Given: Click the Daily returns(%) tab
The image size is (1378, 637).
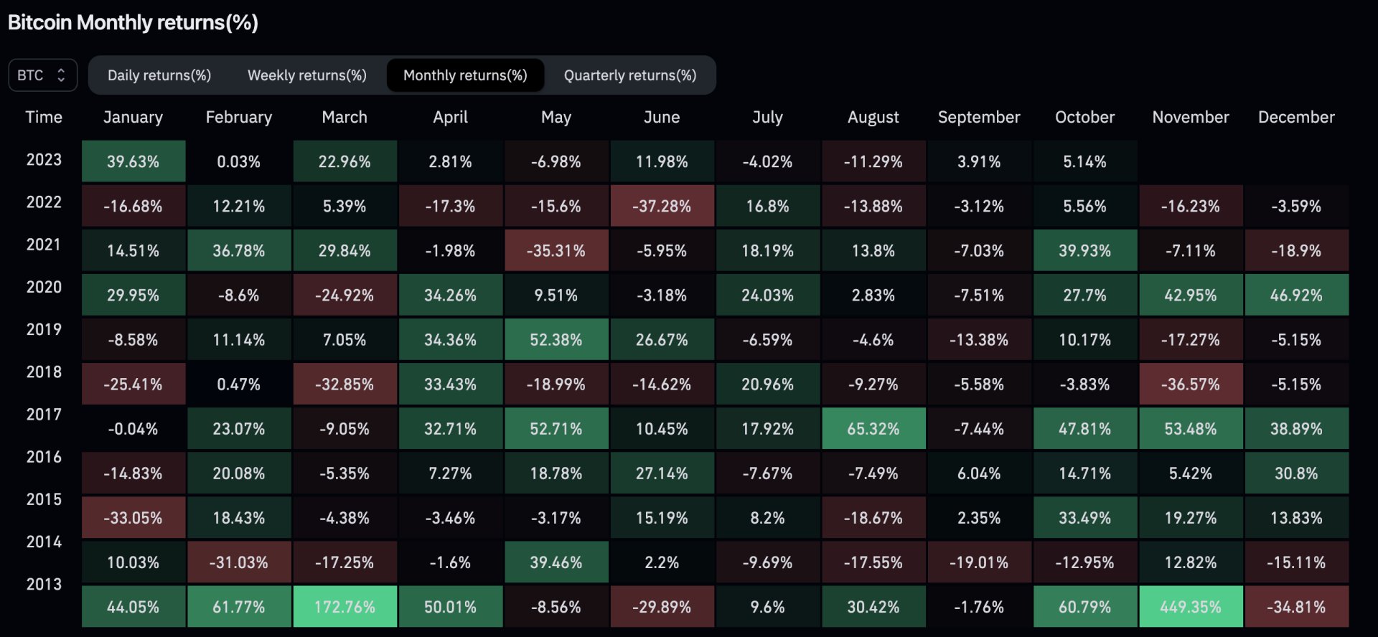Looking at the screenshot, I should (x=159, y=75).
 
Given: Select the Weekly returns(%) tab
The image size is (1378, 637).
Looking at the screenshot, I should (x=307, y=75).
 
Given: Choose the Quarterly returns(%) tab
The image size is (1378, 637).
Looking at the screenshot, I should (x=630, y=75).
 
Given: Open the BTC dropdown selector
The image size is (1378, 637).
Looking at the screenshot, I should (x=42, y=75).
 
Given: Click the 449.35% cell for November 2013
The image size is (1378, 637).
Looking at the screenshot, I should (x=1191, y=607).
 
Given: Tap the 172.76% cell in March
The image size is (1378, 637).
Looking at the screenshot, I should (x=344, y=607).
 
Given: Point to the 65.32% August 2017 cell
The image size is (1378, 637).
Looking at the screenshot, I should (x=873, y=429).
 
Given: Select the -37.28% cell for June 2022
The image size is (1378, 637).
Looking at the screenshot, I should (x=662, y=207).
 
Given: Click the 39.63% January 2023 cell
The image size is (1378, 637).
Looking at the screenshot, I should (x=133, y=162).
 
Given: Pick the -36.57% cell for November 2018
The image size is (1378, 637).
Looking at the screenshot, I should (x=1191, y=384).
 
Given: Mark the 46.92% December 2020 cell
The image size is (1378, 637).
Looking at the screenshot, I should (x=1296, y=296).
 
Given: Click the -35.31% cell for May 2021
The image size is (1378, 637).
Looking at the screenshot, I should (x=556, y=251).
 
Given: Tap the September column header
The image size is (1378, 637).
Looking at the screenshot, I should (x=979, y=117).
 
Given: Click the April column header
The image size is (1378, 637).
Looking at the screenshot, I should (x=450, y=117).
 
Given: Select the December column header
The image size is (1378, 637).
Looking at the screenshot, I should (x=1296, y=117).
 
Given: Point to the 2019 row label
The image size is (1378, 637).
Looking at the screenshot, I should (x=44, y=329).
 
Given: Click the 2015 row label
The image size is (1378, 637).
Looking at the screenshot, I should (x=44, y=499).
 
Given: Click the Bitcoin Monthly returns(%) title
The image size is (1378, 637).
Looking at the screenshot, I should (x=133, y=23).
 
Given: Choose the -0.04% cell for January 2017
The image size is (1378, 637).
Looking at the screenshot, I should (x=133, y=429).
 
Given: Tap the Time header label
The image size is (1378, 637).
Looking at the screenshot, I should (x=44, y=117).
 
